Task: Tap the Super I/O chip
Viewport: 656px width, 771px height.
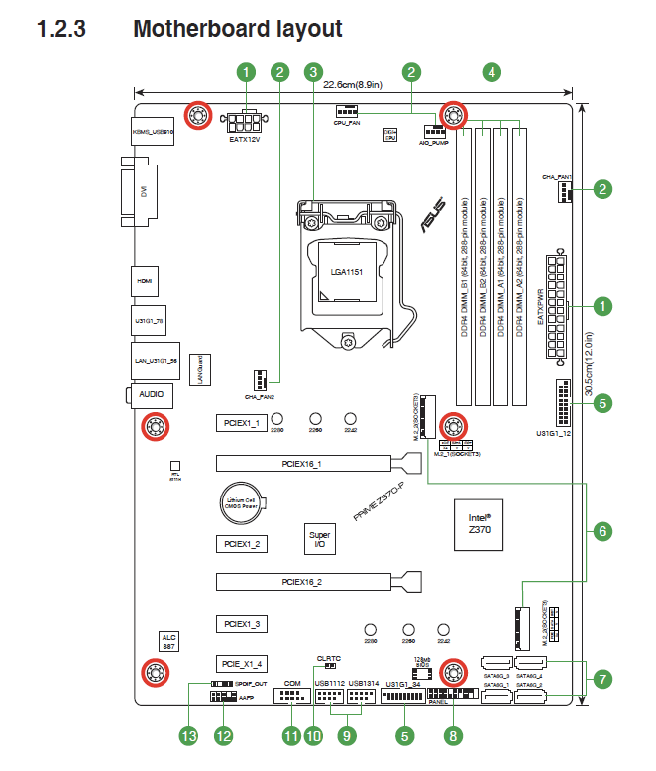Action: tap(319, 538)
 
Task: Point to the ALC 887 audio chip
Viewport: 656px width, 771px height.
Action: tap(168, 642)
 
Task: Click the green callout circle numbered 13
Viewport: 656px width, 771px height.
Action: tap(189, 736)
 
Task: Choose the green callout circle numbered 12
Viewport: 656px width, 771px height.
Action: tap(223, 736)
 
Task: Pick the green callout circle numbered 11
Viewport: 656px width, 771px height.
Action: tap(290, 736)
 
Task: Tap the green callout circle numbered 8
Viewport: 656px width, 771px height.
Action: tap(454, 736)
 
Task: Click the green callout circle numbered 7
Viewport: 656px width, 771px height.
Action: tap(601, 679)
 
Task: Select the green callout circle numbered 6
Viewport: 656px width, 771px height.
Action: tap(601, 531)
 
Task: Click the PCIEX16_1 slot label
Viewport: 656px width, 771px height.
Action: tap(301, 463)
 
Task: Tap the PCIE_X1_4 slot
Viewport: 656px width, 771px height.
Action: tap(242, 663)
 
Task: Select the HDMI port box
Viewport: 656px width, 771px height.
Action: tap(143, 281)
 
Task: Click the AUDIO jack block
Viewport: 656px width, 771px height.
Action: tap(151, 394)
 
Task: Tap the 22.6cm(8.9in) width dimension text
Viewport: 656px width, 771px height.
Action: tap(355, 85)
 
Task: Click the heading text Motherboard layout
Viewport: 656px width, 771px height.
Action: tap(238, 29)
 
